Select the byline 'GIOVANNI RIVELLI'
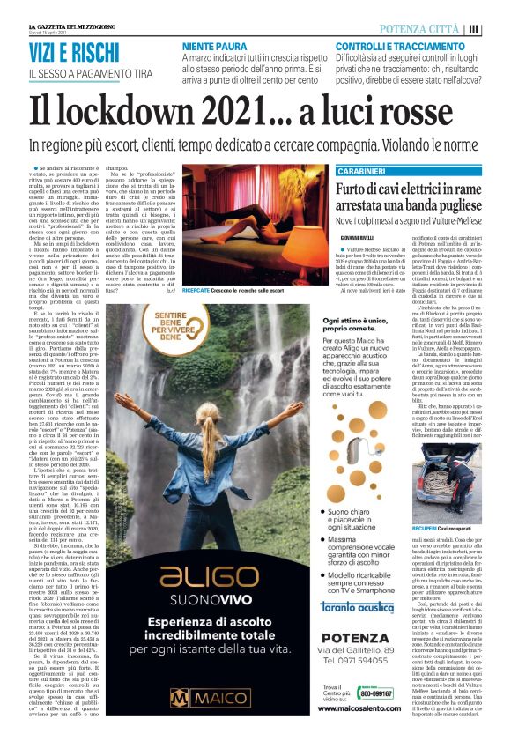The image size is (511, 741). pyautogui.click(x=356, y=236)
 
